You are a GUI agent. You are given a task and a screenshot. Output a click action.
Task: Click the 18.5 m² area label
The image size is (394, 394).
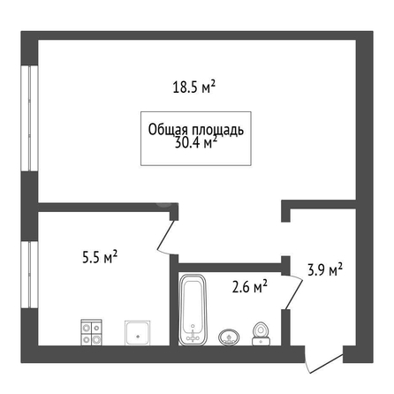pos(194,87)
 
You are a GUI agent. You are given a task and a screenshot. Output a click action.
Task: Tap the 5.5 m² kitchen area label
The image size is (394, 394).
pos(100,257)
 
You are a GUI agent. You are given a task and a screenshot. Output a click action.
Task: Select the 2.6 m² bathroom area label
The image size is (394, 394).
pos(250,286)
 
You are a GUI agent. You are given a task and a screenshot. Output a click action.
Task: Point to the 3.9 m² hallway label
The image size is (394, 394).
pos(325,269)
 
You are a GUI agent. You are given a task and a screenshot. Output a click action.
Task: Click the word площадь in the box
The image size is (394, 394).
pos(218,130)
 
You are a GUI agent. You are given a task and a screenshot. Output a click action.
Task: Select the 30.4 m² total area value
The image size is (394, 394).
pos(196,143)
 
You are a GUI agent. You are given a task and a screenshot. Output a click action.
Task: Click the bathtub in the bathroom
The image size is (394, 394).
pos(193,310)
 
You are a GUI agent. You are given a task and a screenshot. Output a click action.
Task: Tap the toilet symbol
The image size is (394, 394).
pos(261,334)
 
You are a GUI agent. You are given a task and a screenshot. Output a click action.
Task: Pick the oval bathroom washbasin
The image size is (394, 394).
pos(229,337)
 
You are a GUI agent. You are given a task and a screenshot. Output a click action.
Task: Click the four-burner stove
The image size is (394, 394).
pos(91,332)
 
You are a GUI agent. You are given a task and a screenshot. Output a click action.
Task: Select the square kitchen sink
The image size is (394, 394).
pos(137,333)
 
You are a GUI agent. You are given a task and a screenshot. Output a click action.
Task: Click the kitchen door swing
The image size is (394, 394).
pos(166,238)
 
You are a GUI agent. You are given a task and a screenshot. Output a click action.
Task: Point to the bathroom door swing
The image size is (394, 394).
pos(293,292)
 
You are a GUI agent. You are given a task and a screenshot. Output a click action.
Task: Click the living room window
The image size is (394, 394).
pos(30,118)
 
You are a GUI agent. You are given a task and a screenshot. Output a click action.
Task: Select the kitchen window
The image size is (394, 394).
pos(30,275)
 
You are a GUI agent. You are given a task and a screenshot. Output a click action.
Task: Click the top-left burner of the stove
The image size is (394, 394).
pos(87,328)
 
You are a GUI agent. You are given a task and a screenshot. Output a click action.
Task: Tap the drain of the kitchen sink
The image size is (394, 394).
pos(137,336)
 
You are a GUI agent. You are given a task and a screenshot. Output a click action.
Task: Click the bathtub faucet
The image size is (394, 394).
pos(193,336)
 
